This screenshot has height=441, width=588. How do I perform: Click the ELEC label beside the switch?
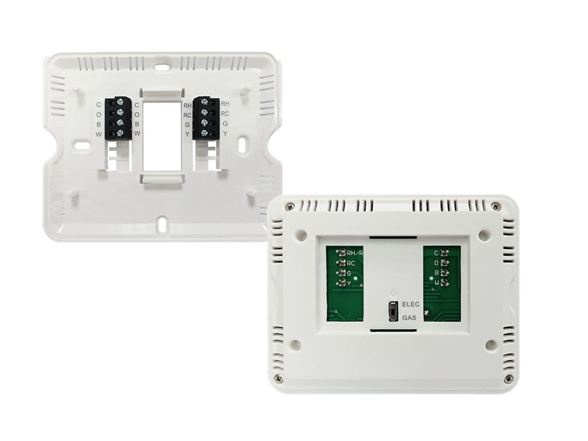click(411, 304)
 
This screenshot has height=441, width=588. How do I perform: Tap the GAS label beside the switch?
click(409, 318)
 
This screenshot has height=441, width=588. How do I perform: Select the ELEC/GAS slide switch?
click(393, 311)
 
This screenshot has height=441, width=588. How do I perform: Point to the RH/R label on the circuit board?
click(355, 253)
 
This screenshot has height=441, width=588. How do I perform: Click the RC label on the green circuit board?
click(351, 263)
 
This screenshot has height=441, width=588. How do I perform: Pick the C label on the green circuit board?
click(436, 253)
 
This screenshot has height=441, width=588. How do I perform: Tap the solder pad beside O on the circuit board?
click(445, 263)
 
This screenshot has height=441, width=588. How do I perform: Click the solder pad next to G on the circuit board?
click(341, 273)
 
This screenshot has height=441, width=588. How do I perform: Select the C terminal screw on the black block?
click(121, 101)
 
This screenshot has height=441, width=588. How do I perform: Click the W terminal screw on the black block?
click(121, 133)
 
